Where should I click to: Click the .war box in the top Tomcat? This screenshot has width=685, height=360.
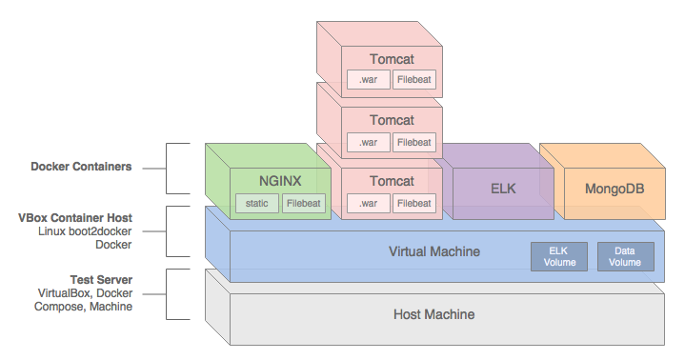point(369,79)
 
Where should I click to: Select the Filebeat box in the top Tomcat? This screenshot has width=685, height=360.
point(414,79)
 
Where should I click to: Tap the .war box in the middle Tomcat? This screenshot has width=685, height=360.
point(369,143)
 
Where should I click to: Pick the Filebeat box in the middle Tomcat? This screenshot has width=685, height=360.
point(414,143)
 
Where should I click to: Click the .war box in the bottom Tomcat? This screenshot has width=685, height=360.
point(369,203)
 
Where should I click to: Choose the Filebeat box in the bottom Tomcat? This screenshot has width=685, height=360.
point(414,203)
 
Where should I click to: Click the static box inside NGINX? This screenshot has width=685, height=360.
point(257,203)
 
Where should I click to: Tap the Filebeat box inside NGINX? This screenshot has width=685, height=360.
point(304,203)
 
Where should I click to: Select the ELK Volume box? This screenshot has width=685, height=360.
point(559,256)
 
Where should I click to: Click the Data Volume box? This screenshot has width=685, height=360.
point(626,256)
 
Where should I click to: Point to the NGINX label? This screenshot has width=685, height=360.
point(280,181)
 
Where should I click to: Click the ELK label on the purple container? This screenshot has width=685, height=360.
point(503,189)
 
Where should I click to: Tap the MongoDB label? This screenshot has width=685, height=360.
point(614,189)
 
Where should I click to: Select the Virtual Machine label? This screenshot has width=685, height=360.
point(434,251)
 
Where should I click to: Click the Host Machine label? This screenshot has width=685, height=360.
point(433,314)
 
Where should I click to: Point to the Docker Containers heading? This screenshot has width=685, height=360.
point(81,167)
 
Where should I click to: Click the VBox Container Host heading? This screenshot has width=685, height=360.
point(75,217)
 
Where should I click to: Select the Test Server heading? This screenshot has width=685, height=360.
point(101,280)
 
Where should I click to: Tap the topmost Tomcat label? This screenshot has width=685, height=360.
point(392,59)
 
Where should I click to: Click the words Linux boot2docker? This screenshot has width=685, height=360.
point(85,231)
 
